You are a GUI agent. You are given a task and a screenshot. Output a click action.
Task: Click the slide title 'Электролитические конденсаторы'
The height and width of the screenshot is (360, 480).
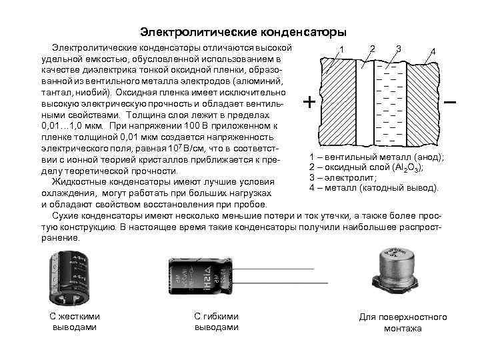click(243, 32)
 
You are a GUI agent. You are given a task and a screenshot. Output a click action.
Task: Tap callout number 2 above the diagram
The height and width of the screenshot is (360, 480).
click(373, 47)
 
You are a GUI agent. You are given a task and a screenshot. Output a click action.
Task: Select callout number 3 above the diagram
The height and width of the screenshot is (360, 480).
click(398, 47)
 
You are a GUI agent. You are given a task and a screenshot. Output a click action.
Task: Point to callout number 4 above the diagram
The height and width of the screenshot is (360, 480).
click(433, 52)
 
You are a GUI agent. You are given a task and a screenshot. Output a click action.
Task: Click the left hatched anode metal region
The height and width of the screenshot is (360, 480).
click(339, 100)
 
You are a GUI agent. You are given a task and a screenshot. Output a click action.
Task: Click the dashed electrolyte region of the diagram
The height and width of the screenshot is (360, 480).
click(387, 100)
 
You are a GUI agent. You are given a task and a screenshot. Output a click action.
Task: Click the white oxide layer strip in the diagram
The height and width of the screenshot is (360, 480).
click(363, 100)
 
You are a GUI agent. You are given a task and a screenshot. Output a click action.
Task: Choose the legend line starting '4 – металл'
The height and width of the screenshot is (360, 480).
click(374, 189)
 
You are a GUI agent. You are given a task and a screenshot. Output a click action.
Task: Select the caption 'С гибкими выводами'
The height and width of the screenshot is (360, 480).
click(216, 322)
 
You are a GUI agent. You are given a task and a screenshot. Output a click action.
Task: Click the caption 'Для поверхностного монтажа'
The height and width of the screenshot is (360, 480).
click(403, 323)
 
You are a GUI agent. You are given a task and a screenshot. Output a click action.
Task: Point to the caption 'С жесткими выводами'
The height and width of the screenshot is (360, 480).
click(75, 322)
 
